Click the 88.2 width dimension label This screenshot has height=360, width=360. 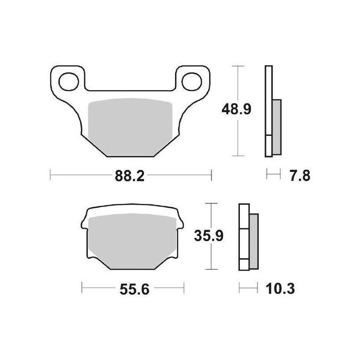click(x=130, y=176)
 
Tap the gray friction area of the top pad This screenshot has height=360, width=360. click(x=130, y=126)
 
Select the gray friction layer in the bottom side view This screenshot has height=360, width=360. click(x=253, y=241)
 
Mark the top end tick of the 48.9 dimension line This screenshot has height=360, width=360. click(x=237, y=66)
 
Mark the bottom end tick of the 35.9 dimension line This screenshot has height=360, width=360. click(x=210, y=270)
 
